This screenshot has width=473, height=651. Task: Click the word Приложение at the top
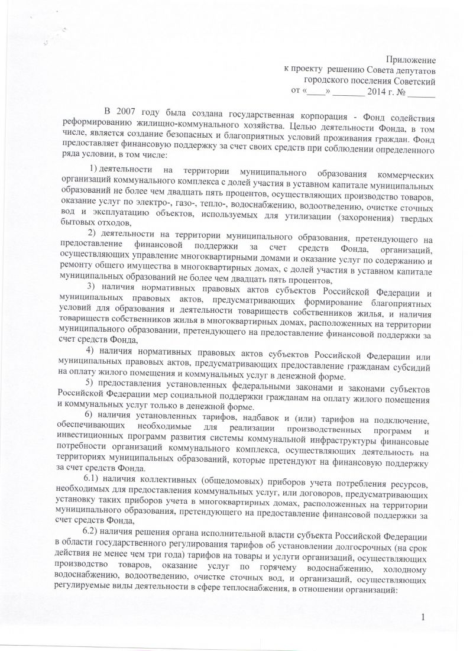click(x=412, y=60)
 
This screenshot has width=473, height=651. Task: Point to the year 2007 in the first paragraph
click(x=124, y=111)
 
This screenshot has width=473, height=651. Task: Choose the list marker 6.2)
click(x=94, y=534)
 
